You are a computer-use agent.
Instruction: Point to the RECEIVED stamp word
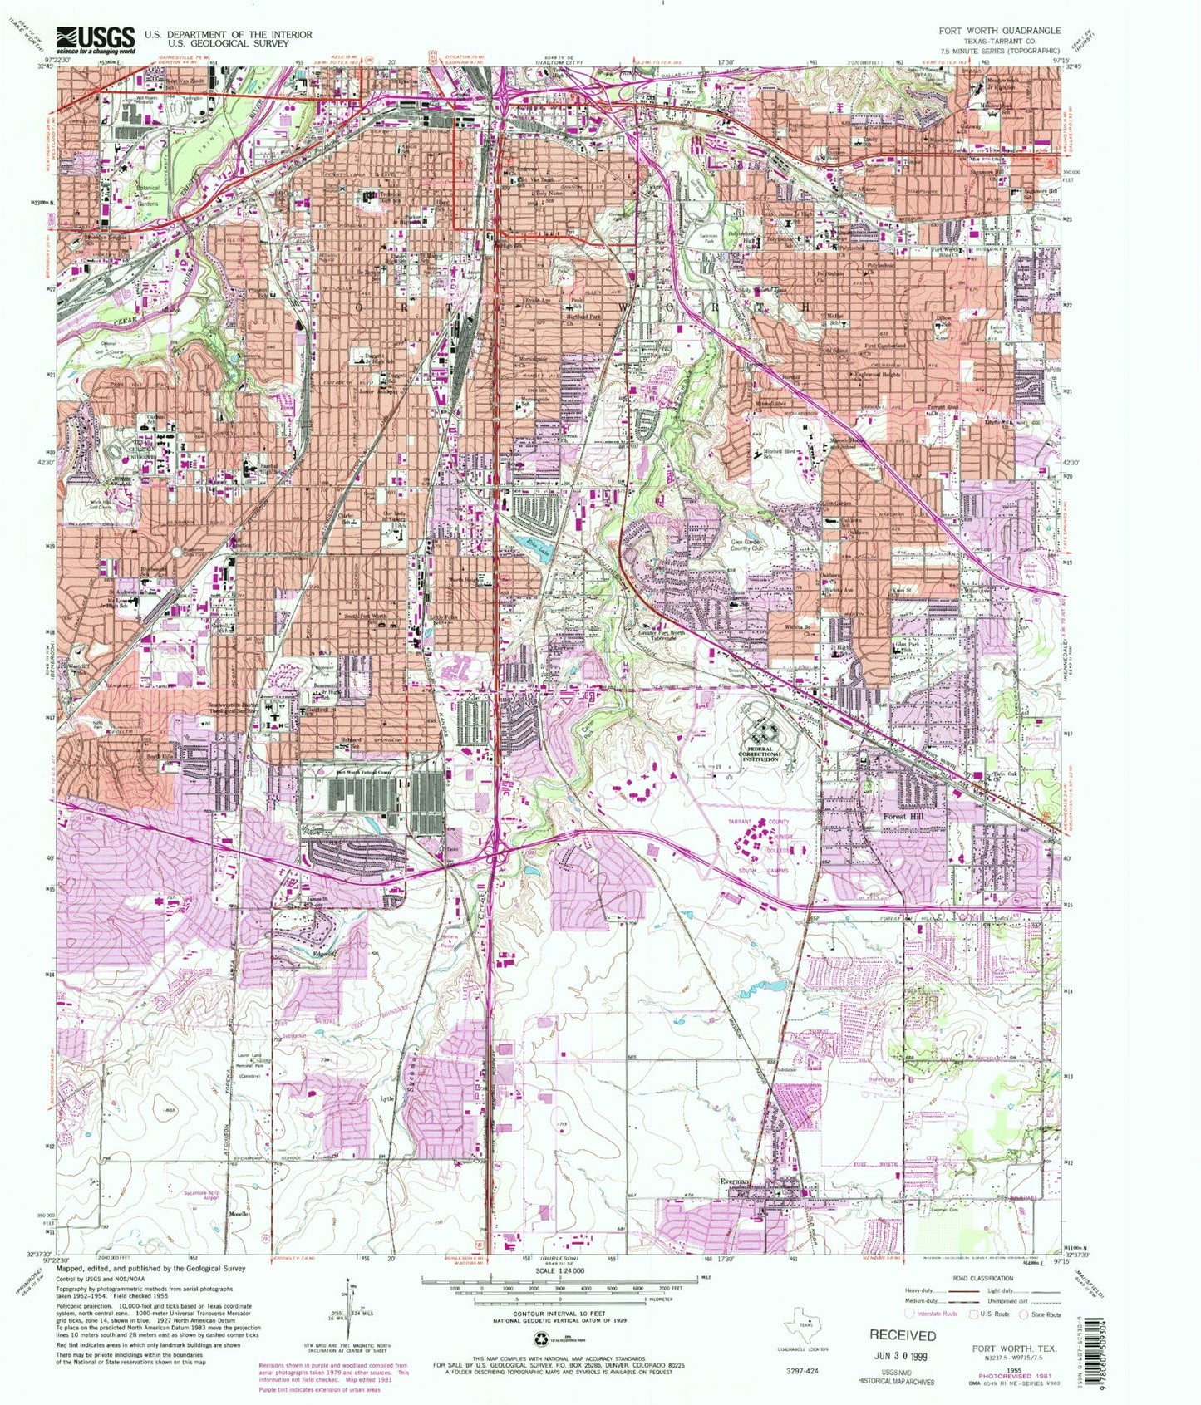[902, 1334]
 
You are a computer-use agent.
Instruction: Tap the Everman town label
[736, 1181]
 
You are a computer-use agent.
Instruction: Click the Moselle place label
[241, 1213]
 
